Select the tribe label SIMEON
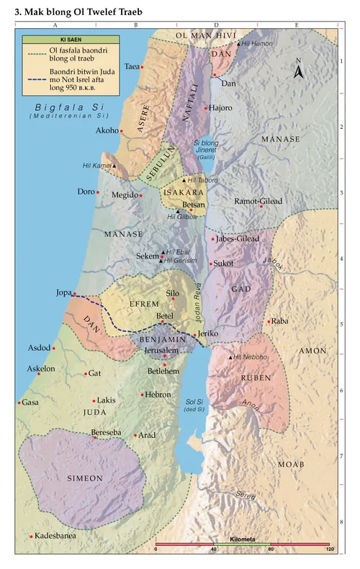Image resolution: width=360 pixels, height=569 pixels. [x=86, y=478]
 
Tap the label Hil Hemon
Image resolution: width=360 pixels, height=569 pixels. [x=257, y=44]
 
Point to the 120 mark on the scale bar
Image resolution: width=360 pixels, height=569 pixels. [x=330, y=550]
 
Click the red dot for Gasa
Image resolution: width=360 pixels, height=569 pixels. [x=19, y=403]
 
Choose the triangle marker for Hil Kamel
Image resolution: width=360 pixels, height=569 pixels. [x=113, y=166]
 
